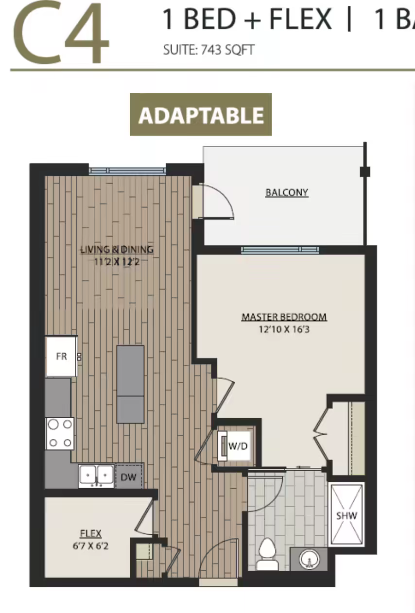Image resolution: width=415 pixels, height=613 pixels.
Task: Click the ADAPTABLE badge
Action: click(x=201, y=114)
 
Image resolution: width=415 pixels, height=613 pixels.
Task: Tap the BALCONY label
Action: click(x=287, y=192)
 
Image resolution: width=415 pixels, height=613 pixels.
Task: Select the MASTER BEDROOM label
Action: click(x=284, y=317)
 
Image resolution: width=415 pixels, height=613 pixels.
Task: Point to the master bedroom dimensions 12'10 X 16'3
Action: click(x=284, y=329)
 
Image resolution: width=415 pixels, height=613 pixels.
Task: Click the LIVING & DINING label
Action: click(x=117, y=250)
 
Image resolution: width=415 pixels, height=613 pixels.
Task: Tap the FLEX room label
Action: click(x=91, y=533)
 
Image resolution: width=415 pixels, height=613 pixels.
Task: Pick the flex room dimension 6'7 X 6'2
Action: click(x=90, y=546)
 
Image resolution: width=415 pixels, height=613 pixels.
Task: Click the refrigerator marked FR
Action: click(x=61, y=357)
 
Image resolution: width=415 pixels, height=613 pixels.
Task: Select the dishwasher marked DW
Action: click(x=129, y=477)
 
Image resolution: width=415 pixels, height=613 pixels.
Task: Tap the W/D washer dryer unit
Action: click(x=234, y=446)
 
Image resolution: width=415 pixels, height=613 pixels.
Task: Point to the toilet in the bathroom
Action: click(x=267, y=555)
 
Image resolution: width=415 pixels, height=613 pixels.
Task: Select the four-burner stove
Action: click(x=60, y=433)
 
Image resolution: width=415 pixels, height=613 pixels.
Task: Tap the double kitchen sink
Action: click(x=96, y=476)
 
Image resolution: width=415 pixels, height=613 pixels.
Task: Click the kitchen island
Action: click(x=130, y=385)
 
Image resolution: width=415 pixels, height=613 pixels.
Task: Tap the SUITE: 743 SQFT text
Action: click(x=209, y=50)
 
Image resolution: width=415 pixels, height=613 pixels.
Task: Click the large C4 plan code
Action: click(x=61, y=32)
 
